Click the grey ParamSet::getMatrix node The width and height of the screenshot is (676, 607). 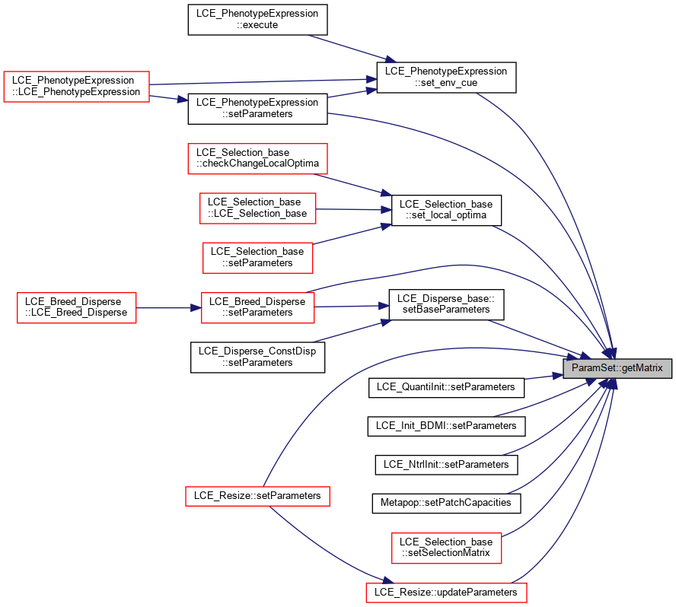[x=617, y=368]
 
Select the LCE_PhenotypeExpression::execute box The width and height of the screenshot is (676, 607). [x=257, y=19]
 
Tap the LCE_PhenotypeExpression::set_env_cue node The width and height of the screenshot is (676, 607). [x=446, y=77]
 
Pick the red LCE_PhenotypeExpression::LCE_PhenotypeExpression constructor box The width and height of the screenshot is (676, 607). [x=77, y=86]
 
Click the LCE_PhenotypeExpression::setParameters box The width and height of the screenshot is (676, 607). [x=257, y=109]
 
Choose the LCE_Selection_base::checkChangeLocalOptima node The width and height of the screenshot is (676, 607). [x=257, y=158]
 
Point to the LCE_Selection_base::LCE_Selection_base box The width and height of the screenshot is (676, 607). [x=257, y=208]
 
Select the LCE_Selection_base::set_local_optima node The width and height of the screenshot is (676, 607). [x=446, y=210]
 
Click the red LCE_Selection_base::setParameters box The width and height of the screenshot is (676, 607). [x=257, y=258]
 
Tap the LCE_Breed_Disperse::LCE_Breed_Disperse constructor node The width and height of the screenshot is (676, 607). [x=76, y=307]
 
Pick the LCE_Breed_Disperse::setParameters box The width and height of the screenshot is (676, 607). [x=257, y=307]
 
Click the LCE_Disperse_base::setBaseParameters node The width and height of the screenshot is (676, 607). [x=446, y=304]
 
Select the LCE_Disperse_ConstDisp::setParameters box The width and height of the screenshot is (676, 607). [x=257, y=358]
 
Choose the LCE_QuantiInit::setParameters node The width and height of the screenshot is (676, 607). [x=446, y=387]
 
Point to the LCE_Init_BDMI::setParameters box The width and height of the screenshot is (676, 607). [x=446, y=426]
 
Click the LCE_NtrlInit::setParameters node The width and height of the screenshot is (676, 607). [x=446, y=465]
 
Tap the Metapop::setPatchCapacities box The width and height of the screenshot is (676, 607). [x=446, y=503]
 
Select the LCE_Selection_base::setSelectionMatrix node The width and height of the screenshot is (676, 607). [x=446, y=548]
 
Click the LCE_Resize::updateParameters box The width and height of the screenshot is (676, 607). [x=446, y=593]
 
